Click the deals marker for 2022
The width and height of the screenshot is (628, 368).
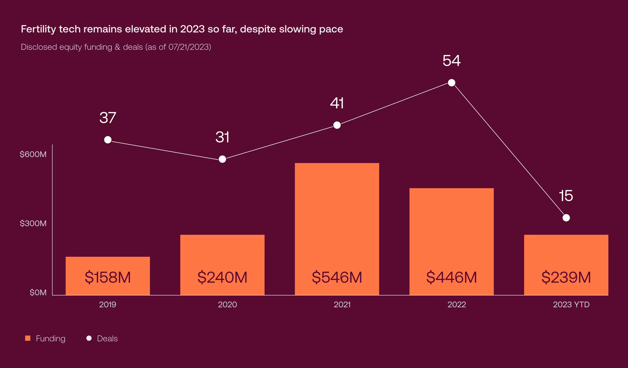(x=451, y=83)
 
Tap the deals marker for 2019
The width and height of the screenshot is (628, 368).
(x=108, y=140)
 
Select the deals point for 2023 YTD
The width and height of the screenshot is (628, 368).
(x=566, y=218)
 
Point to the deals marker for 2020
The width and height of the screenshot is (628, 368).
(x=222, y=159)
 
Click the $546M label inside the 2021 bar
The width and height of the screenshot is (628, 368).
(x=337, y=277)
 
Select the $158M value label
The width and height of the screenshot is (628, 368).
(x=108, y=277)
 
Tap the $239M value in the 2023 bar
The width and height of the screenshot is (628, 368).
(x=566, y=277)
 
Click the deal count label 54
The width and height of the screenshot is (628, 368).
(x=451, y=61)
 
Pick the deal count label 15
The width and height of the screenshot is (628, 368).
(x=566, y=196)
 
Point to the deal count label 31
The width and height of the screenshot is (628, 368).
(x=222, y=137)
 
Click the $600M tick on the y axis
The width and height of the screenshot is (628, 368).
(x=33, y=154)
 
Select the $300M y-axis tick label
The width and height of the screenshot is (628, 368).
(x=33, y=224)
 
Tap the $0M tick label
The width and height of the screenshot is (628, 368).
(x=38, y=293)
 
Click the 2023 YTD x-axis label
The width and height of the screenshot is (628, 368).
(x=571, y=305)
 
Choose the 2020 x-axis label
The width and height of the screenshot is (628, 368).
(x=227, y=305)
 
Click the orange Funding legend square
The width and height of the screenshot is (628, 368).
(x=28, y=338)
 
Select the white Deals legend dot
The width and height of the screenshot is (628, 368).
(x=89, y=338)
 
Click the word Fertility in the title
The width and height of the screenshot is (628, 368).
(x=38, y=29)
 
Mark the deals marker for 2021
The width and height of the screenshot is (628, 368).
(x=337, y=125)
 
